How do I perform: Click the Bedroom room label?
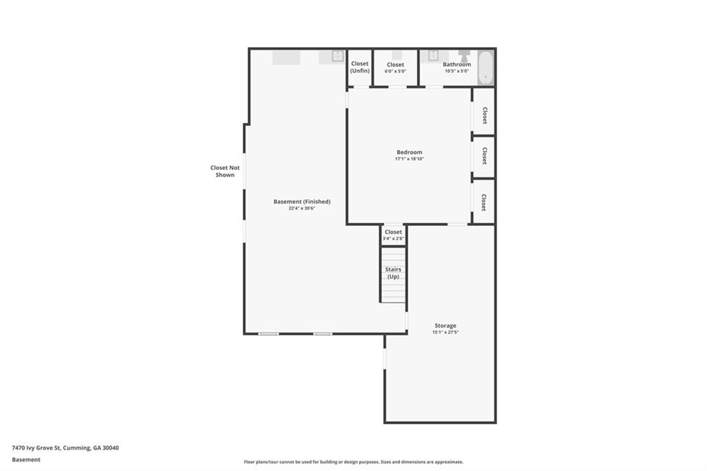(x=409, y=153)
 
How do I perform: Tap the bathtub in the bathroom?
(x=485, y=68)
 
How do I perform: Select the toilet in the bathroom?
(x=464, y=56)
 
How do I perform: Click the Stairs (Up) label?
(x=393, y=273)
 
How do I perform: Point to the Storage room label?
(x=445, y=325)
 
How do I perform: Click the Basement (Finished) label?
(x=302, y=202)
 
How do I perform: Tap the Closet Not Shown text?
(x=225, y=171)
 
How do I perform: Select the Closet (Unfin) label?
(x=360, y=67)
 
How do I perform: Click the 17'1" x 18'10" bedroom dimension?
(x=409, y=159)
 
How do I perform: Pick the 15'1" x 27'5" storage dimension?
(x=445, y=332)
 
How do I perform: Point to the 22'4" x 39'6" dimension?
(x=302, y=209)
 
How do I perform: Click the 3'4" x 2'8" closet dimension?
(x=393, y=239)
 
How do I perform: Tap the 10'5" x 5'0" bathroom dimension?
(x=457, y=71)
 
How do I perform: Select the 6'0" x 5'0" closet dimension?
(x=396, y=71)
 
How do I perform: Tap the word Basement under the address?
(x=26, y=460)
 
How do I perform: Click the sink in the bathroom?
(x=433, y=55)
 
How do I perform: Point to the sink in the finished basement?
(x=338, y=56)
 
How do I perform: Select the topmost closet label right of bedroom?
(x=485, y=115)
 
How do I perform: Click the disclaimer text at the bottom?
(x=353, y=462)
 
